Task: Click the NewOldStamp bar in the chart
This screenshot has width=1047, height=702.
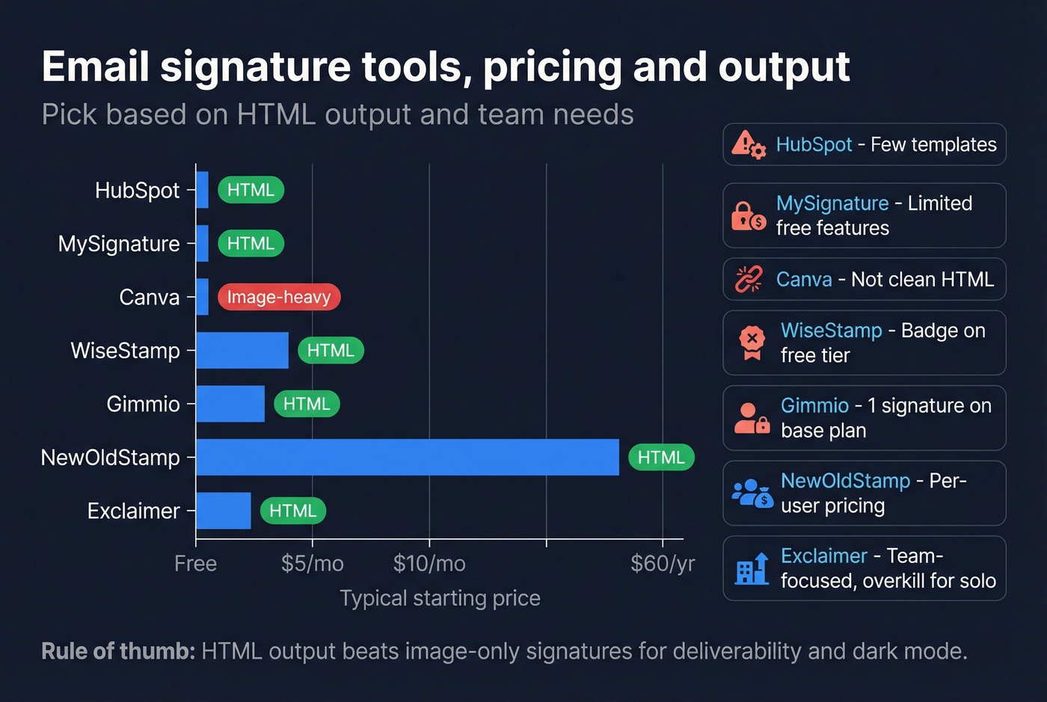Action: (408, 457)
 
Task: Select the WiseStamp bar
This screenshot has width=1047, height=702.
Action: (242, 351)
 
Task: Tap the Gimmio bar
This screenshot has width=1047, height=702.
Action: (230, 404)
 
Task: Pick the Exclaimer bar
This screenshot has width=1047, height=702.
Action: (224, 511)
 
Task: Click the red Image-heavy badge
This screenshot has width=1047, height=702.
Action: (279, 297)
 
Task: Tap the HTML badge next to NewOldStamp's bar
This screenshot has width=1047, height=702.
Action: (661, 457)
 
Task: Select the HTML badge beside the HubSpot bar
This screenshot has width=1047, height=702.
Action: (251, 190)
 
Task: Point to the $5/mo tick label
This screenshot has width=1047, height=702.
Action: (313, 563)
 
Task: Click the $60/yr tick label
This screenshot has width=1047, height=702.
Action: (662, 563)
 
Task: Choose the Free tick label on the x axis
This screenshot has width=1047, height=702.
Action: (195, 563)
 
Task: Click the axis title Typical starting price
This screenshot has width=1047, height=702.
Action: (440, 598)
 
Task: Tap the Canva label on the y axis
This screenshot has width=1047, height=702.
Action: (150, 297)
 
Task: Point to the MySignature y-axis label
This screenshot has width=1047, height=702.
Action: (119, 244)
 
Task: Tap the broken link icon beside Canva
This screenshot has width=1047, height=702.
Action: (748, 279)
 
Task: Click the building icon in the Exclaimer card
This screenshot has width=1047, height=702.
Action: (752, 569)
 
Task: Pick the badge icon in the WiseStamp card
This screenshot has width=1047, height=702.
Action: (752, 342)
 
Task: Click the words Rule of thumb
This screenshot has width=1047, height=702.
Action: (117, 651)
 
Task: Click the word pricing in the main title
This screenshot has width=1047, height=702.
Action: (552, 67)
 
